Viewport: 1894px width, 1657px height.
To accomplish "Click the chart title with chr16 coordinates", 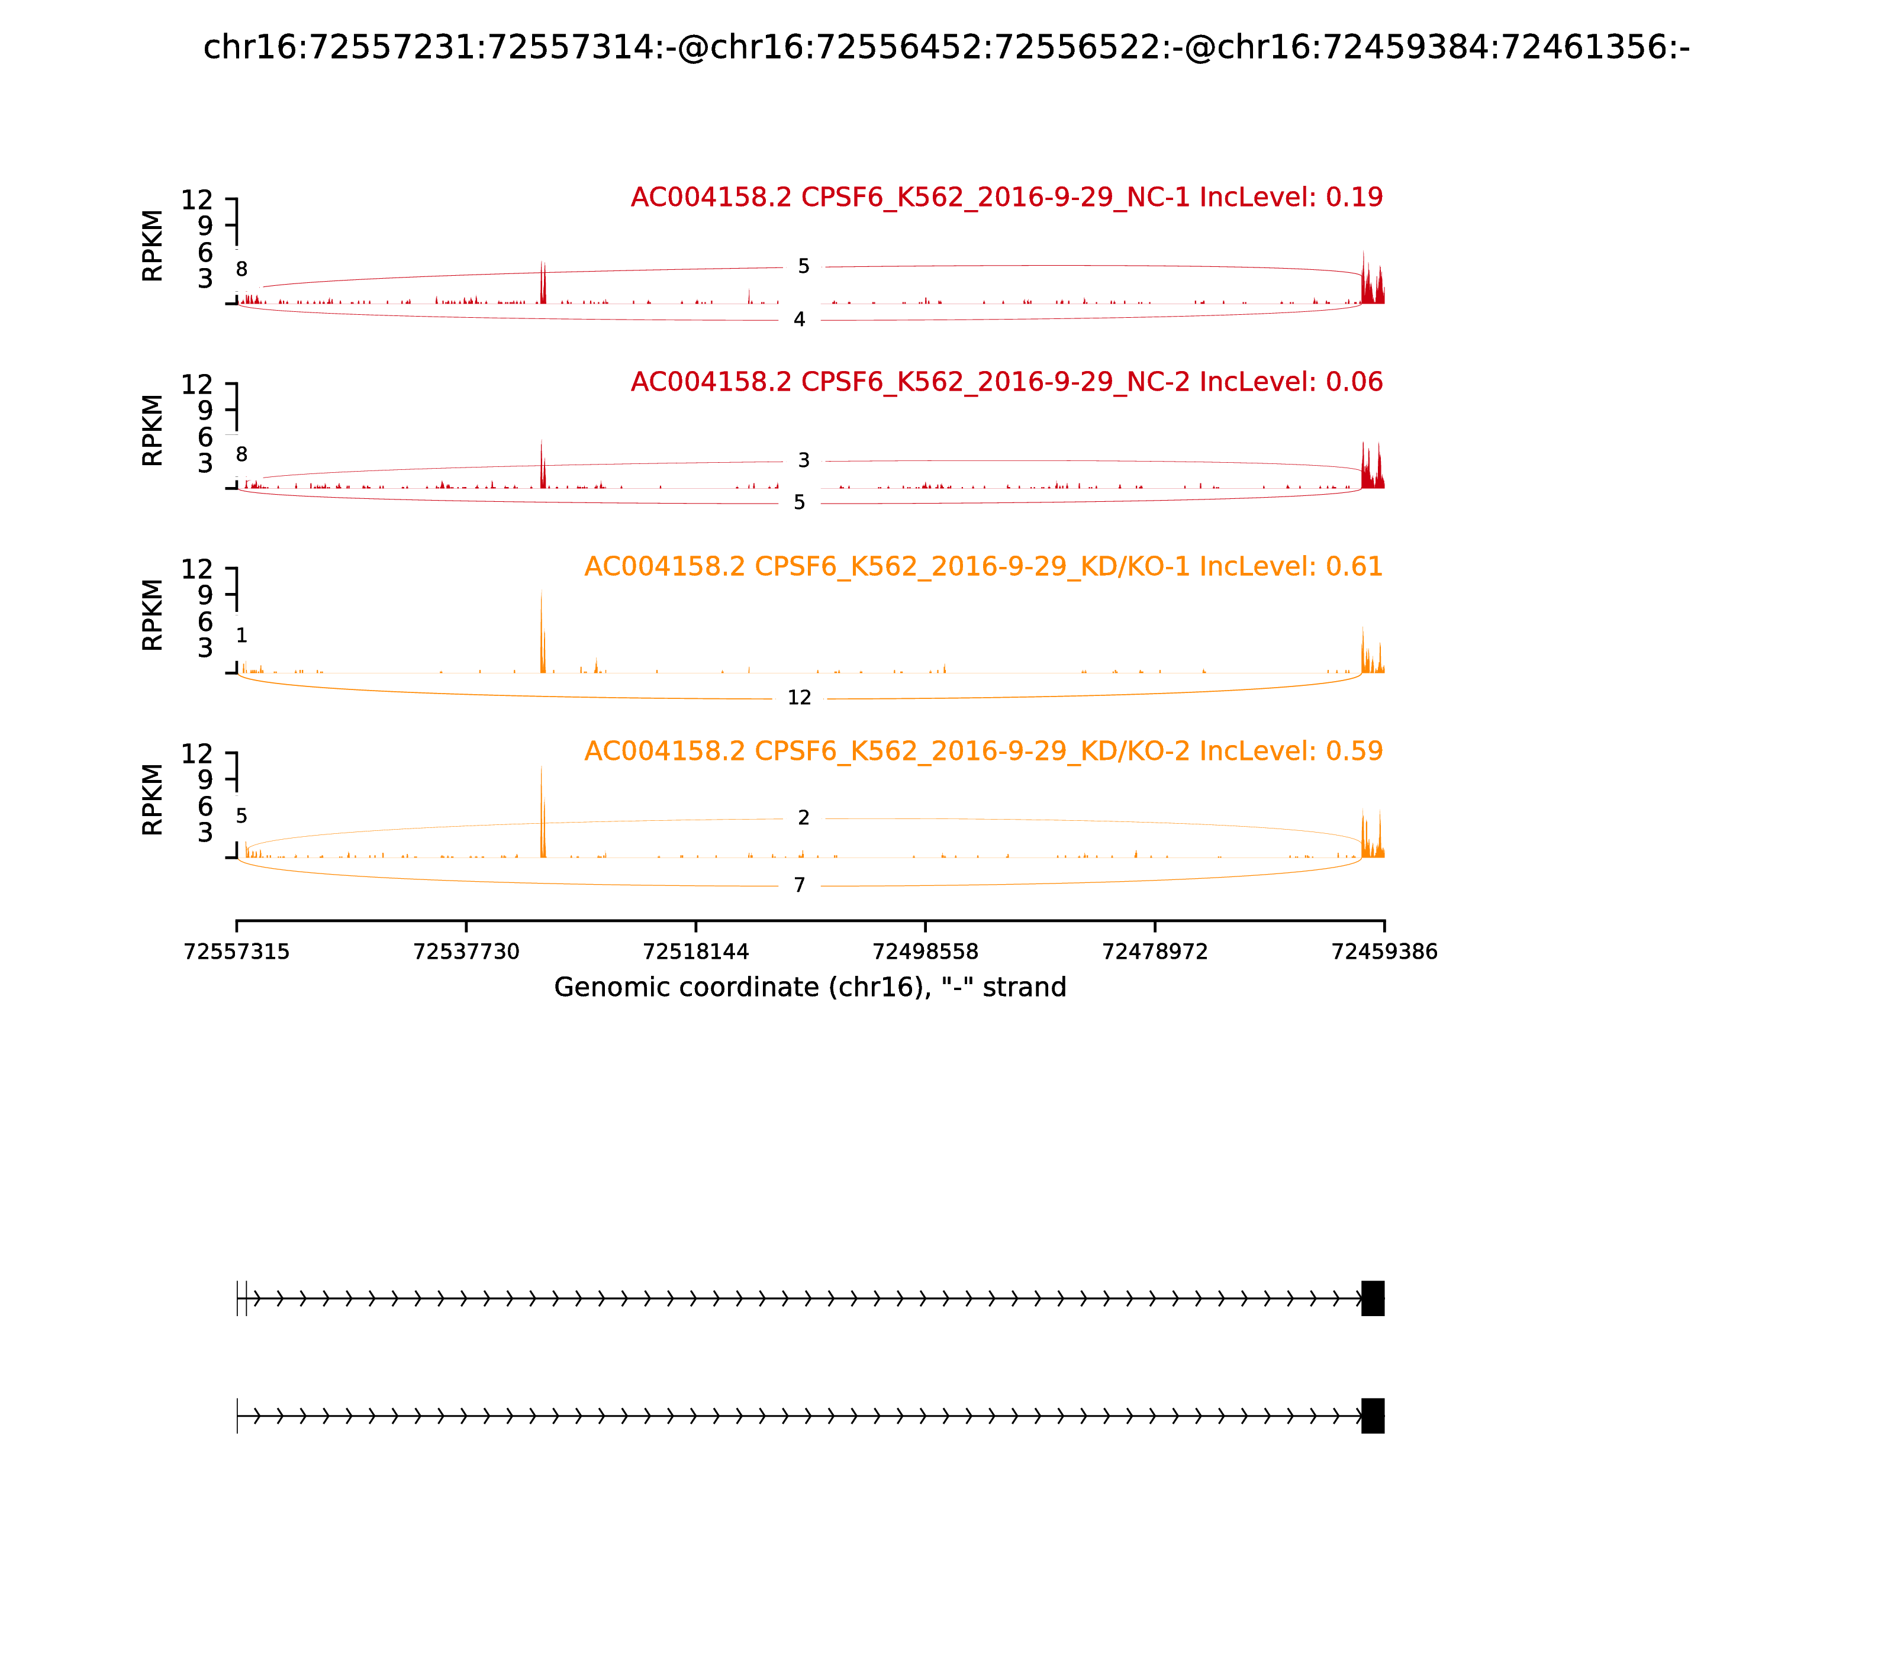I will [946, 47].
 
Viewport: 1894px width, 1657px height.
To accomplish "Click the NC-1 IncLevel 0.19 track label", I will [1006, 197].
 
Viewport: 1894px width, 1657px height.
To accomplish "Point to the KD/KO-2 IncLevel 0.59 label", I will [983, 751].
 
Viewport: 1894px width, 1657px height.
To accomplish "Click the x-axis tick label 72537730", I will [466, 952].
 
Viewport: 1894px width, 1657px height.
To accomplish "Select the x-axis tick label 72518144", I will [695, 952].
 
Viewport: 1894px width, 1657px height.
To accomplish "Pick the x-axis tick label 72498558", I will [925, 952].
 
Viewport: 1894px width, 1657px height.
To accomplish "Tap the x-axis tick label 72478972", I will [1154, 952].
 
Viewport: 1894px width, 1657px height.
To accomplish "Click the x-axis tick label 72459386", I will [1384, 952].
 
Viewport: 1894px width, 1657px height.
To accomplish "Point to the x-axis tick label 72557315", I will [237, 952].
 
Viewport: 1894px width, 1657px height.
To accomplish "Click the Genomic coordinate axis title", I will [810, 988].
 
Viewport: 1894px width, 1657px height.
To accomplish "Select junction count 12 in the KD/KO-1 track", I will [799, 698].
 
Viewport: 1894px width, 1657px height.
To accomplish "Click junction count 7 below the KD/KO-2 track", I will [799, 886].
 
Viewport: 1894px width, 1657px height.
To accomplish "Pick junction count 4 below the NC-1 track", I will [799, 320].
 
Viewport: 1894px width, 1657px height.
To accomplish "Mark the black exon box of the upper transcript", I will [1373, 1298].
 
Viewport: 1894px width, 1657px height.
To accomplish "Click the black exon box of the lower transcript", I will [1373, 1416].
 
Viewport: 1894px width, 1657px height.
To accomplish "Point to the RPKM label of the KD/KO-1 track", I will [153, 615].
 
